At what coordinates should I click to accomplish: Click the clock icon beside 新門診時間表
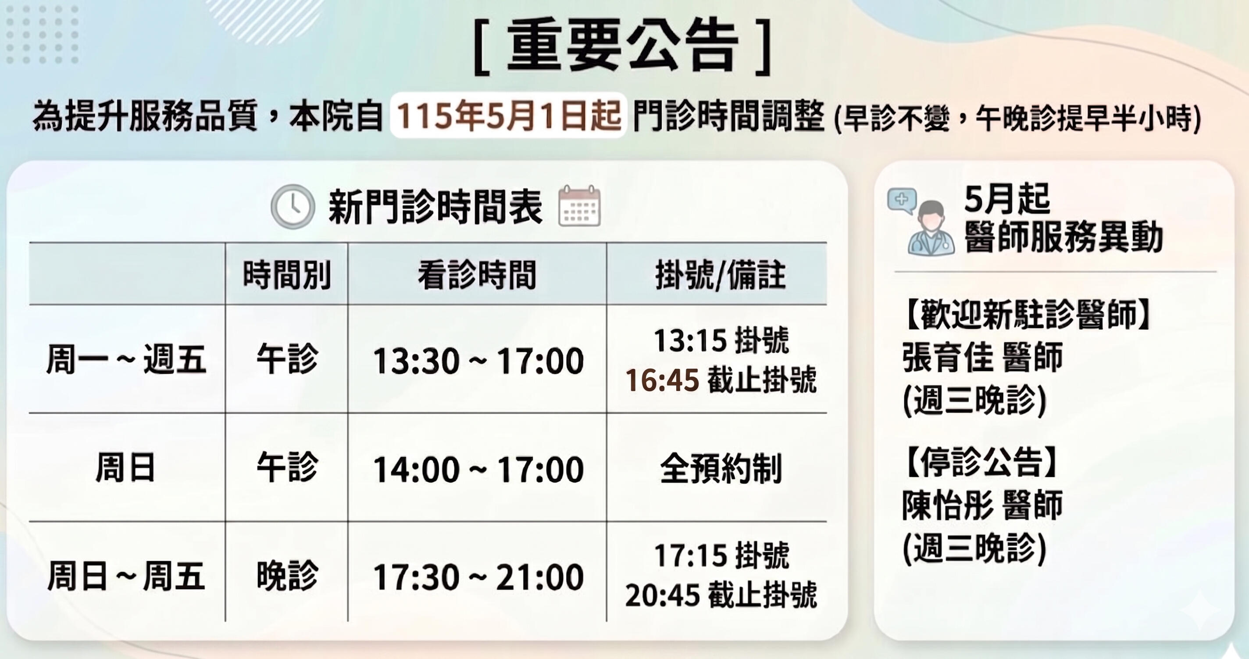293,207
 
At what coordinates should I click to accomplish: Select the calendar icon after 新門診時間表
579,206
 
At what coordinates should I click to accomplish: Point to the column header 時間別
286,275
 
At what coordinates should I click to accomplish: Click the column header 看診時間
477,275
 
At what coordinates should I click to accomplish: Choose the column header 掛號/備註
721,275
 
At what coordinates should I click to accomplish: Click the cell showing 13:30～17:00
478,361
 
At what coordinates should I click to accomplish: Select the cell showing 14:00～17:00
478,469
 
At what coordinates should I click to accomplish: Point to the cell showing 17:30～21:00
478,577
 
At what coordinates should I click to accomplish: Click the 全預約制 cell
721,469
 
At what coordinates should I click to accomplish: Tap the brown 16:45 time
662,380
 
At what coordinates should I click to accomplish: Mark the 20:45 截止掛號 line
721,595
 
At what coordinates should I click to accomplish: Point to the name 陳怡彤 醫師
982,505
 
